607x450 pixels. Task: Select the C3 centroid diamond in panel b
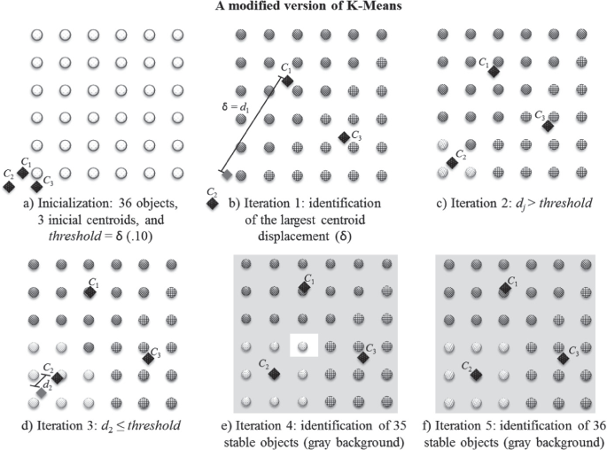(344, 136)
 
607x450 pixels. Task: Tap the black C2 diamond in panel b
(213, 203)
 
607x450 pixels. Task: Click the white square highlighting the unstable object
(303, 345)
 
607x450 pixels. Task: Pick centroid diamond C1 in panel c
(494, 71)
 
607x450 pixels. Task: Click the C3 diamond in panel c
(548, 126)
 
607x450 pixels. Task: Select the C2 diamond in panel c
(453, 163)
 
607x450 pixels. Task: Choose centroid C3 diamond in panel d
(147, 356)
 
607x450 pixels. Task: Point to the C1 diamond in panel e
(303, 290)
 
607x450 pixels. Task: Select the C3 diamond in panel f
(562, 356)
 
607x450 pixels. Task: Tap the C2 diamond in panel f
(476, 375)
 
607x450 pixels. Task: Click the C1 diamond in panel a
(24, 173)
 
